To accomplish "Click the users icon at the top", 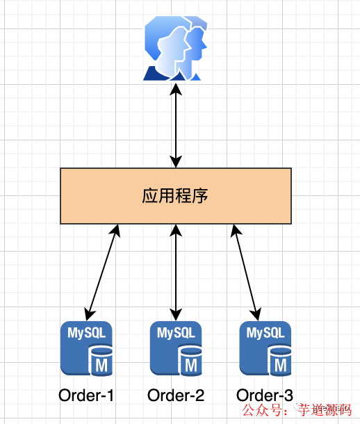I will click(176, 49).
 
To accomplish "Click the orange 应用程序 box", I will click(104, 195).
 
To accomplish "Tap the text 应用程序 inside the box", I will click(176, 195).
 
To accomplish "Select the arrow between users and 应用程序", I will click(176, 125).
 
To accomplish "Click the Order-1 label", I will click(86, 396).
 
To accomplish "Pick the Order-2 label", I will click(176, 396).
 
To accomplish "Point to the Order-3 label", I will click(265, 396).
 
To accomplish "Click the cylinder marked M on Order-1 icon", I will click(101, 362).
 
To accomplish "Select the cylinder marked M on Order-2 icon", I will click(190, 362).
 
